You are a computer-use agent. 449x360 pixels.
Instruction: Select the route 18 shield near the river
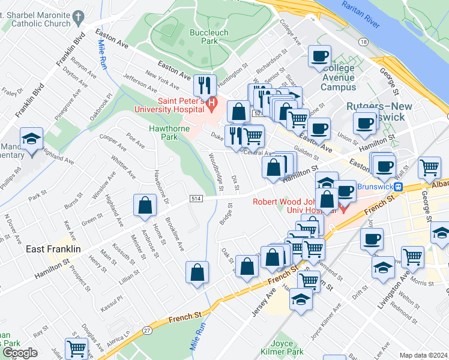click(x=364, y=41)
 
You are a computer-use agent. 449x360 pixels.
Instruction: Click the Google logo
click(x=20, y=353)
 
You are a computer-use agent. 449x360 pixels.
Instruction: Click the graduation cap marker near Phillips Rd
click(x=29, y=140)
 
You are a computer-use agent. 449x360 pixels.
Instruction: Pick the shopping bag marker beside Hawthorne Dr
click(x=145, y=206)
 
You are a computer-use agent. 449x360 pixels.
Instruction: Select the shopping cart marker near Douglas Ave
click(x=77, y=349)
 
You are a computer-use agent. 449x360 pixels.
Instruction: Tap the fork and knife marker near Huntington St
click(x=205, y=86)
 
